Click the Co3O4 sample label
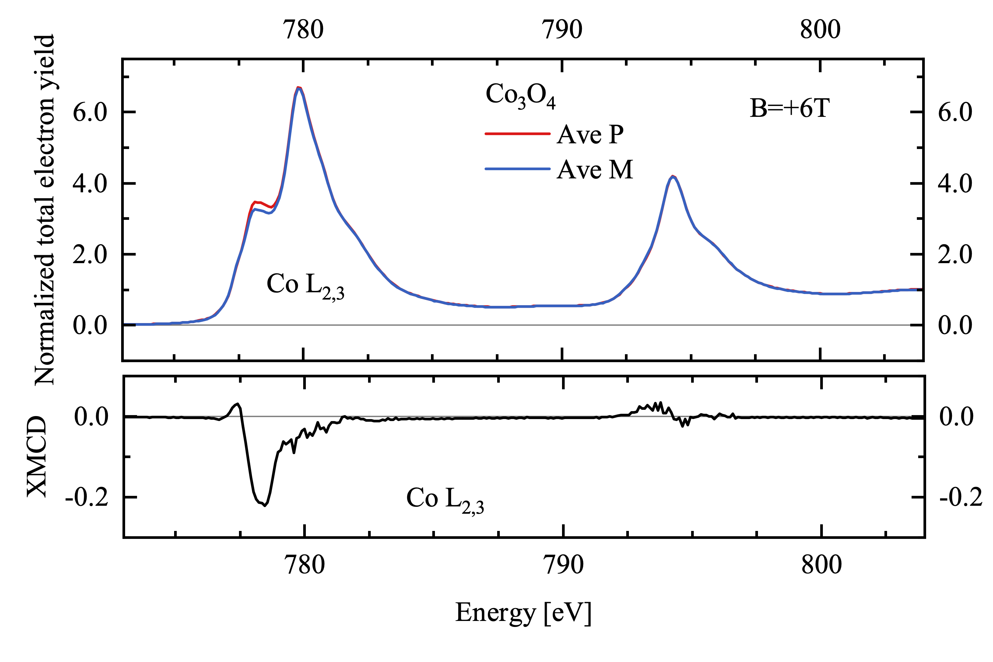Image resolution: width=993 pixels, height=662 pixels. coord(520,95)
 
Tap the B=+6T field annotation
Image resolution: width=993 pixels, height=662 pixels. coord(789,109)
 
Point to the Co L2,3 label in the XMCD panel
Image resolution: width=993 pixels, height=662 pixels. coord(445,499)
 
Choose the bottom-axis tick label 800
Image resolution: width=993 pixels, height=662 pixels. coord(822,565)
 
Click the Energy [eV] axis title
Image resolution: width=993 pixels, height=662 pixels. coord(523,613)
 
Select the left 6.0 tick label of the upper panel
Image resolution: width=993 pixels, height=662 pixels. coord(90,113)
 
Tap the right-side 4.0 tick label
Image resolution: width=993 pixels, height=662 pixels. coord(955,184)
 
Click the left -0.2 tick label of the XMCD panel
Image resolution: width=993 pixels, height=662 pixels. coord(86,498)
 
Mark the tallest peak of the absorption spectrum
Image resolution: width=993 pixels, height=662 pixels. coord(299,87)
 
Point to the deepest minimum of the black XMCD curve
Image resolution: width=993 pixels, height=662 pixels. coord(265,505)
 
